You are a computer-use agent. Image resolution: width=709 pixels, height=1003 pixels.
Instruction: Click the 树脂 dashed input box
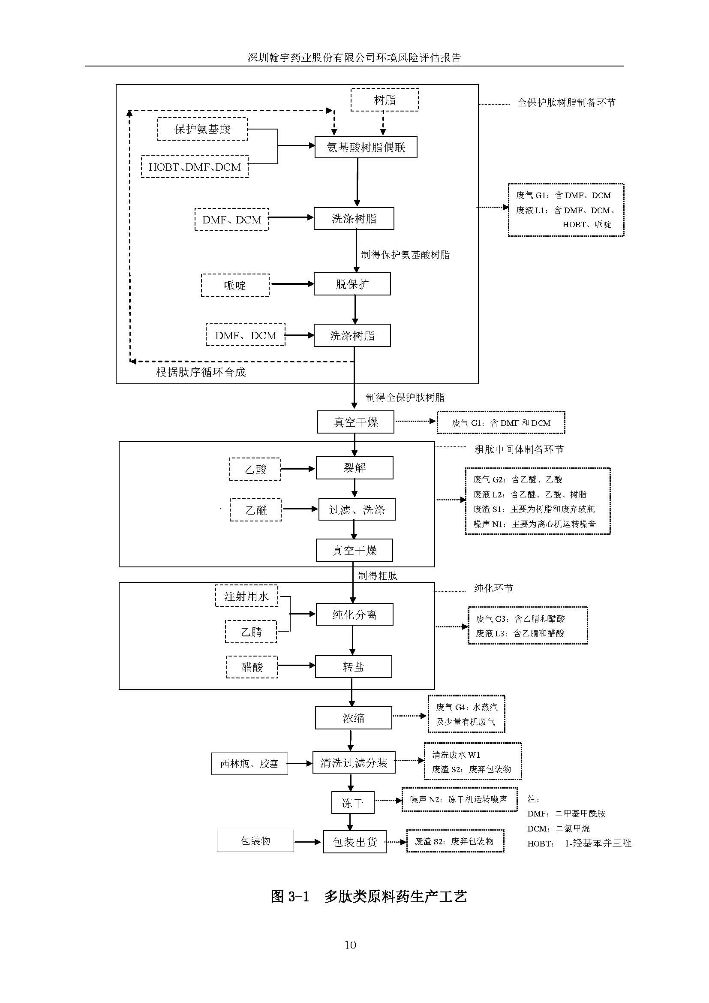pos(385,100)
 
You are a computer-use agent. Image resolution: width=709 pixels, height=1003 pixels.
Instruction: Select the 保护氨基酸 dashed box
pos(202,129)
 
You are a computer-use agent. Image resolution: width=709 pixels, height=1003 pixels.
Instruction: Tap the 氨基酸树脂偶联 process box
pos(366,148)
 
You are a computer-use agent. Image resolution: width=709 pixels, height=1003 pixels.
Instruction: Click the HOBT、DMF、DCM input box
pos(195,167)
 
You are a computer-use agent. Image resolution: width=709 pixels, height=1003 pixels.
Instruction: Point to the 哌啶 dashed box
pos(235,285)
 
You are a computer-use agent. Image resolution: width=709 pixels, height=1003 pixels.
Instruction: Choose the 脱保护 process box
pos(352,284)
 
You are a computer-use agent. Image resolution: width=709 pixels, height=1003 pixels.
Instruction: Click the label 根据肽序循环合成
pos(201,372)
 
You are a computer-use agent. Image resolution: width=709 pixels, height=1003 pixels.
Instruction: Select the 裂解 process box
pos(354,468)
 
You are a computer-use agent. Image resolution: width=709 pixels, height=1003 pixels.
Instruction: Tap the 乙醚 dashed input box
pos(255,510)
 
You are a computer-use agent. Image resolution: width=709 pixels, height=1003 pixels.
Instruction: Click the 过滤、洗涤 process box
pos(357,509)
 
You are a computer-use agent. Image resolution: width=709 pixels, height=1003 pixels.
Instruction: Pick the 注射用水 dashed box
pos(246,596)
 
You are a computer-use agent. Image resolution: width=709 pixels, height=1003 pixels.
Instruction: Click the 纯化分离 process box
pos(354,614)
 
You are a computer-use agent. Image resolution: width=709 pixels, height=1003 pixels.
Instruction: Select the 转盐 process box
pos(353,667)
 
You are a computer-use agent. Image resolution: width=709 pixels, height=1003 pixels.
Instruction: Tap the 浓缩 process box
pos(353,718)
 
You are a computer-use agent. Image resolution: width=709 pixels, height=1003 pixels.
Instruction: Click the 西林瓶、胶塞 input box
pos(249,764)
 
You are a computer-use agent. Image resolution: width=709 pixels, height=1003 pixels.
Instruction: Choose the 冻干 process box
pos(353,803)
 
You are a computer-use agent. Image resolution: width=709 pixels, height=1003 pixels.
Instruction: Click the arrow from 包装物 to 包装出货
pos(308,842)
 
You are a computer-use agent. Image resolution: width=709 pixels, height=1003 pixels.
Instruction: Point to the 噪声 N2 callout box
pos(459,799)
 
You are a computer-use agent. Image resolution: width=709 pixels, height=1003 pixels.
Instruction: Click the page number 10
pos(350,946)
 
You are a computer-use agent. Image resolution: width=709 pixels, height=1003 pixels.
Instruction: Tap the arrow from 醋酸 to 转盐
pos(296,666)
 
